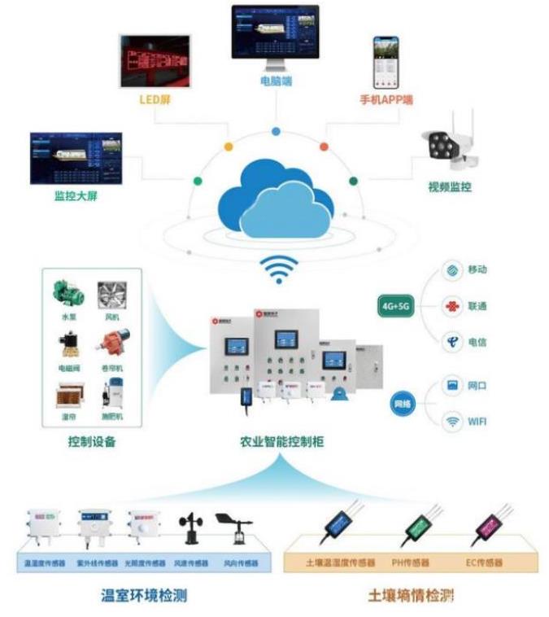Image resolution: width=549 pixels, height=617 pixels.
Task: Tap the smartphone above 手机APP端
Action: tap(387, 62)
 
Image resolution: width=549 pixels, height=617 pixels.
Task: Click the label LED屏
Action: tap(154, 100)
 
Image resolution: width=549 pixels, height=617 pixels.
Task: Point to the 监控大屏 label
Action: tap(76, 196)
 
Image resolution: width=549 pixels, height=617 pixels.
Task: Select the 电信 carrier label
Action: tap(477, 343)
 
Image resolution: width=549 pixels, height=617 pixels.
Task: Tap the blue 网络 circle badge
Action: tap(403, 404)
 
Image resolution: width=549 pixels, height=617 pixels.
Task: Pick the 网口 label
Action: tap(477, 385)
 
